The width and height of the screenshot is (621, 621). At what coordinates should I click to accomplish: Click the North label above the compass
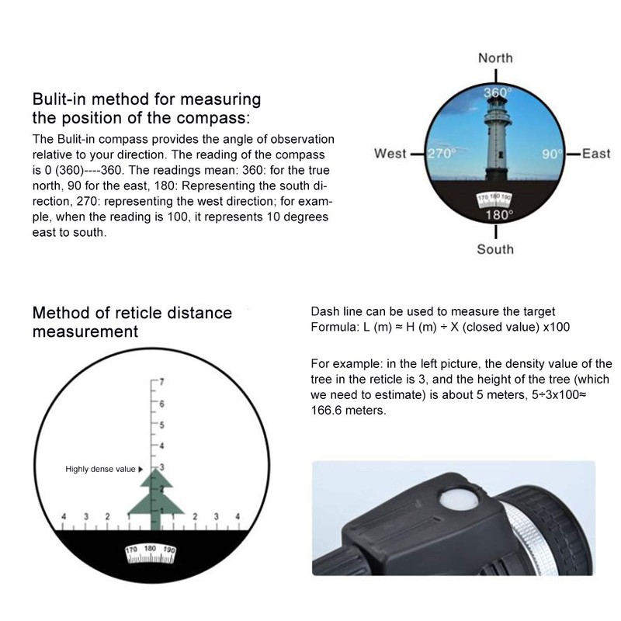click(x=495, y=58)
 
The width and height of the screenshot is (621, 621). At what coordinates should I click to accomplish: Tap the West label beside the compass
click(x=390, y=154)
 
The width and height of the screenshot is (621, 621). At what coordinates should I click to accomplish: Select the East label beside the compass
click(x=595, y=154)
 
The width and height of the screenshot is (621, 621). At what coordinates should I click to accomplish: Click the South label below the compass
click(x=495, y=249)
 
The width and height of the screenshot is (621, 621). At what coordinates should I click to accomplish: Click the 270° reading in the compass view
click(x=440, y=154)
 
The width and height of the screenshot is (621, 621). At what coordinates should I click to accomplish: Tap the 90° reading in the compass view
click(x=552, y=154)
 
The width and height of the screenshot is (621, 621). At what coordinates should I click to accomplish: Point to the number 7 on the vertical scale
click(x=162, y=382)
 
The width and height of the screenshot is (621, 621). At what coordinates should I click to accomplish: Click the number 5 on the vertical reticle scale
click(x=162, y=425)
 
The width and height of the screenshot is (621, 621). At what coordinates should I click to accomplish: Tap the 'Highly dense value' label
click(x=100, y=469)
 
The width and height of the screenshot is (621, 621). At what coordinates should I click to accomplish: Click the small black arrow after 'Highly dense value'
click(x=141, y=469)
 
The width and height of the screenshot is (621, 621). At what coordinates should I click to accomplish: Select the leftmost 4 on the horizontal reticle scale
click(x=64, y=516)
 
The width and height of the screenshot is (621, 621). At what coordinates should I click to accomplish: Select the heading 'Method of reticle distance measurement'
click(x=132, y=322)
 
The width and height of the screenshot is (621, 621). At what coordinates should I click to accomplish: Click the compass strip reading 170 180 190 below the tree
click(x=151, y=552)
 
